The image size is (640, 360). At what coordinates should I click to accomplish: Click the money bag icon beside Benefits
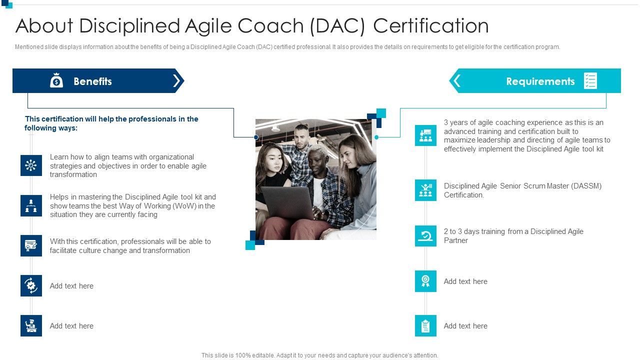[56, 80]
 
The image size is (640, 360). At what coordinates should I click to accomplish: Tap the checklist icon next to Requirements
[590, 81]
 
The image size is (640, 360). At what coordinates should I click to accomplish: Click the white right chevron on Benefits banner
[176, 81]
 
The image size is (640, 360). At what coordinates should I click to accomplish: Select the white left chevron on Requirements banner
[456, 81]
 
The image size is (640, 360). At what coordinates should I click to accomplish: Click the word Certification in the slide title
[431, 26]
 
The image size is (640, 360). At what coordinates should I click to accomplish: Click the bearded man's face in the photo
[301, 136]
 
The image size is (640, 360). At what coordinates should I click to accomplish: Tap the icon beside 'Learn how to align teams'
[31, 165]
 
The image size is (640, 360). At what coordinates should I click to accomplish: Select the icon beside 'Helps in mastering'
[31, 205]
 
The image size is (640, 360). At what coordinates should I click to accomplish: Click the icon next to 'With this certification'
[31, 245]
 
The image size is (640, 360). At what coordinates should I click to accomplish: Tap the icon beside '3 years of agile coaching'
[425, 135]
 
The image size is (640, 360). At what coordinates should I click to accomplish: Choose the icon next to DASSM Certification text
[425, 190]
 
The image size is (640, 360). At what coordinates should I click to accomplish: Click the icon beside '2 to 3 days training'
[425, 235]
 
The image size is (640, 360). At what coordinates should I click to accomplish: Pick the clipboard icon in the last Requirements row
[425, 325]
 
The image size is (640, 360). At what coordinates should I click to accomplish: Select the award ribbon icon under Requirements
[425, 281]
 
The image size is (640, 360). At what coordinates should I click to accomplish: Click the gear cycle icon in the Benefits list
[31, 285]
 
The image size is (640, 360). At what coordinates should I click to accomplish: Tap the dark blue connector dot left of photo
[256, 137]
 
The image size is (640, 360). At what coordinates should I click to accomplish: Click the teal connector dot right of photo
[376, 137]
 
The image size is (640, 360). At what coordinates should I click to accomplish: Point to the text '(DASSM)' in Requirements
[583, 186]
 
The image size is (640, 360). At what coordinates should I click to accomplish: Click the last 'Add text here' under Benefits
[71, 326]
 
